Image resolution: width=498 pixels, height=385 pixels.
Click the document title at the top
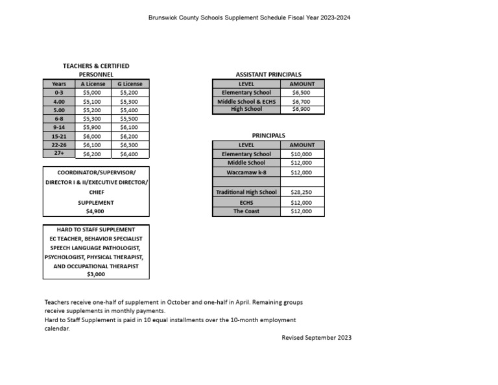click(249, 17)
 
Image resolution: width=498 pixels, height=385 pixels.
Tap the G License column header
click(129, 84)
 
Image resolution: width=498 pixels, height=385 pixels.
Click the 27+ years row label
click(59, 154)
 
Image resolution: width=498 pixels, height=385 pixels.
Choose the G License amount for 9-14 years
click(129, 128)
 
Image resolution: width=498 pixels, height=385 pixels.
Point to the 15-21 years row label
click(59, 137)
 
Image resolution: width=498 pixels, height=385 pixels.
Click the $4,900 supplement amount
click(95, 211)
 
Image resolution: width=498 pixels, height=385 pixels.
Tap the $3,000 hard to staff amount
click(95, 274)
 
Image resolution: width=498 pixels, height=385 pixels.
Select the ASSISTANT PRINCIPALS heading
click(268, 75)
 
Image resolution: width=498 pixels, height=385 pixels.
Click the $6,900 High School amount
click(301, 110)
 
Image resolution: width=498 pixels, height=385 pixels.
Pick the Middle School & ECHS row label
click(246, 102)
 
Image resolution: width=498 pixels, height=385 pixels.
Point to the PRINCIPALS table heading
click(268, 135)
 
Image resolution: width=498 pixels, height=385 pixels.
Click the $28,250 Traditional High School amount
click(301, 192)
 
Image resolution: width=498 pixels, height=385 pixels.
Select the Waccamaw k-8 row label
click(246, 172)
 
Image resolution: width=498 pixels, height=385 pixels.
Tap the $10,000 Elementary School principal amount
click(301, 154)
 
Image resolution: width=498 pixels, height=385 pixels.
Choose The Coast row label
click(246, 211)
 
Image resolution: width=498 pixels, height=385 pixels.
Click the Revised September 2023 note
click(316, 338)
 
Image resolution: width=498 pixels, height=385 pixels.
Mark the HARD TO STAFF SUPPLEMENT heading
click(95, 229)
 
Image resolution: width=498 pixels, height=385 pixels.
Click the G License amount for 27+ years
click(129, 155)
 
